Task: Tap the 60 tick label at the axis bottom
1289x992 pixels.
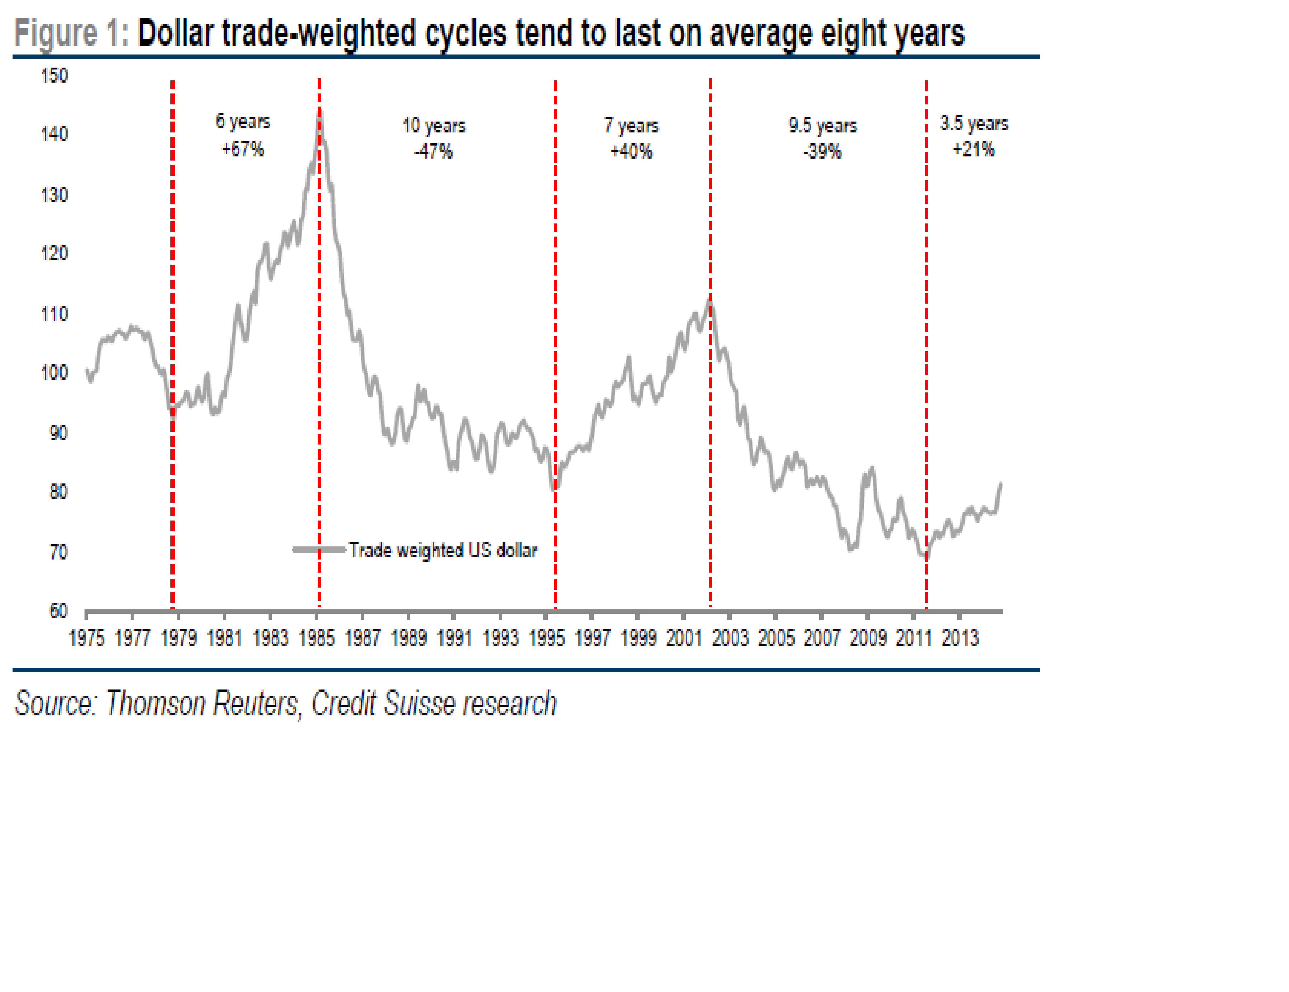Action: (x=58, y=611)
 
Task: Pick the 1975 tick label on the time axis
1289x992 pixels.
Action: (x=87, y=638)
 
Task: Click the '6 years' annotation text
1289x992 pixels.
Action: (x=243, y=122)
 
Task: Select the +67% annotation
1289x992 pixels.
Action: (x=243, y=149)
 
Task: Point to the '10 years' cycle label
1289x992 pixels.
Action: (x=434, y=126)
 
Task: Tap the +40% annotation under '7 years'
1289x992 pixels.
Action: (x=631, y=152)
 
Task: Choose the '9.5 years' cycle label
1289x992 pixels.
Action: (x=823, y=126)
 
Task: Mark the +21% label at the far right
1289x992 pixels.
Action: (x=974, y=149)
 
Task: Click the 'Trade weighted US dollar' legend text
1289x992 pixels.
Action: (x=443, y=550)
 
